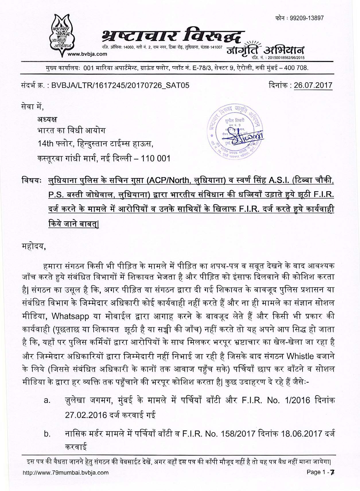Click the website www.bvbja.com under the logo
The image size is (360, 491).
87,54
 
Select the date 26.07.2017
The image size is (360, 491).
313,85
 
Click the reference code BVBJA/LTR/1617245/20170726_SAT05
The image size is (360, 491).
120,85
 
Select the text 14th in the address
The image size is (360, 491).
45,144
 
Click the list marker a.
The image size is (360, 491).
47,400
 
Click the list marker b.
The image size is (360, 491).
47,434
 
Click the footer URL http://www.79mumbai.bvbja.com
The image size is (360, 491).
65,480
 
